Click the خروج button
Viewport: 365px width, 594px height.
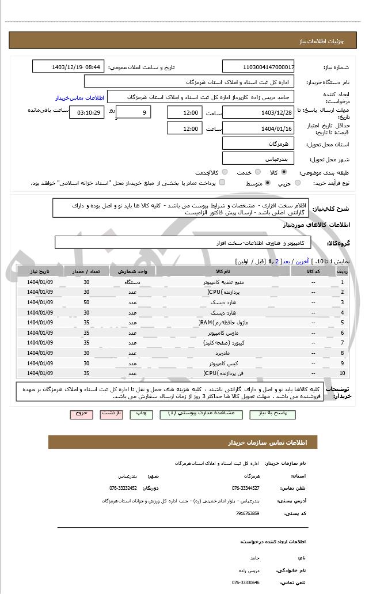(81, 414)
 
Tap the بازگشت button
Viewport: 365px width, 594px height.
(112, 414)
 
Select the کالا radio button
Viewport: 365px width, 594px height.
(283, 172)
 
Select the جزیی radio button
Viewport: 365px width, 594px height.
(298, 183)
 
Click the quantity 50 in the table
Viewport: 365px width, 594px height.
(86, 302)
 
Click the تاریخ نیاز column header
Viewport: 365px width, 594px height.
(40, 271)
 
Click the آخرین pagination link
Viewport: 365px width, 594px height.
(302, 261)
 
